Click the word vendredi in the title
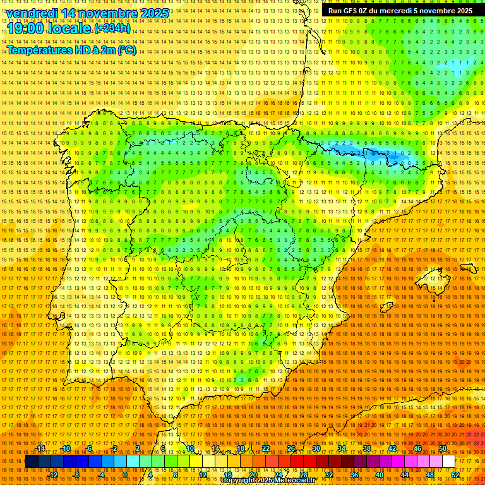click(34, 13)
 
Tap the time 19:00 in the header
click(25, 29)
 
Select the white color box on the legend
click(449, 462)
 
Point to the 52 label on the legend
click(455, 474)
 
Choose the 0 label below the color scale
click(125, 474)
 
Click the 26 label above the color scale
click(291, 448)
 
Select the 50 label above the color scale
click(443, 448)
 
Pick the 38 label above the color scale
click(367, 448)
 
